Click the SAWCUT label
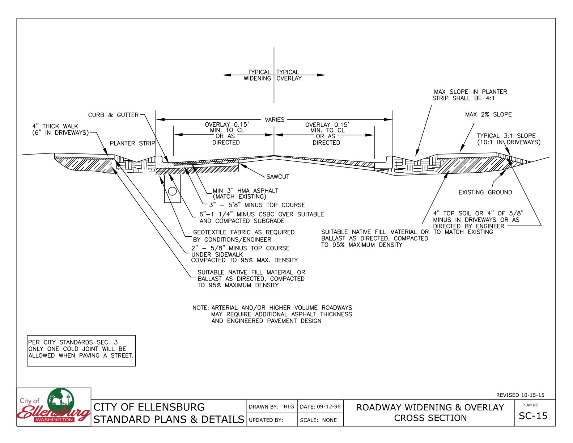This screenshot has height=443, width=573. pos(278,177)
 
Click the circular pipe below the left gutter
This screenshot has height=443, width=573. pos(173,191)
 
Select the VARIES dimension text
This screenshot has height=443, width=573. pos(274,119)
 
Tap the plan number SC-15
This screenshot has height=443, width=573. pos(533,416)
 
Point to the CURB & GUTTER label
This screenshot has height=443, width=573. pos(113,115)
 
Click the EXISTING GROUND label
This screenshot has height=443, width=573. pos(485,193)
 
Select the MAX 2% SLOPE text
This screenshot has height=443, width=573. pos(488,114)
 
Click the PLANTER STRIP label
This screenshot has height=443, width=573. pos(132,143)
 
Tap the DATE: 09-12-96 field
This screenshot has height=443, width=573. pos(320,406)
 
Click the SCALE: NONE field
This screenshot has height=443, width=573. pos(318,420)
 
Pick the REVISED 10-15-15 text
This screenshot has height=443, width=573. pos(520,395)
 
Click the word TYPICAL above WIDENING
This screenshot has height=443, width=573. pos(259,72)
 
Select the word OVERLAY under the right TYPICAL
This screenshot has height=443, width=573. pos(289,79)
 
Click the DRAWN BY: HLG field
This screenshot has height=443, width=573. pos(271,406)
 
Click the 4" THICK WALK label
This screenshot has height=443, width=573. pos(55,126)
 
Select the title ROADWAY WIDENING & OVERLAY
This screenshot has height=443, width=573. pos(430,408)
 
